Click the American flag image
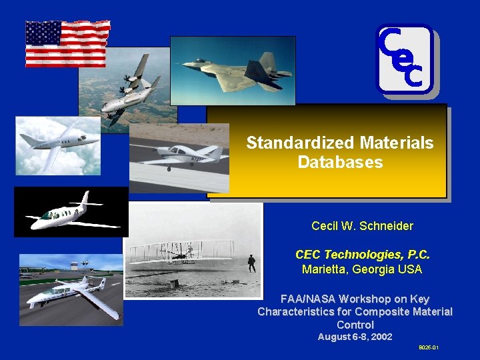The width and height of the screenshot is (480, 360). pos(67,43)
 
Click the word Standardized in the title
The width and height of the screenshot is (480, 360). pos(300,143)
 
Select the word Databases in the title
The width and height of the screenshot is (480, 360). pos(340,162)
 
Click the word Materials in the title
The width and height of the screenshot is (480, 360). pos(397,143)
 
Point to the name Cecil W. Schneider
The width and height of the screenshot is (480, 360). pos(362,226)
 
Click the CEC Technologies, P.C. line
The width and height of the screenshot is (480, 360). pos(362,255)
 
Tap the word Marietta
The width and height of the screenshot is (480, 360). pos(323,269)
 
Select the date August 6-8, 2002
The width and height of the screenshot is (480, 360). pos(355,337)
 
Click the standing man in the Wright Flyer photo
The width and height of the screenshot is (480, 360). pos(251,263)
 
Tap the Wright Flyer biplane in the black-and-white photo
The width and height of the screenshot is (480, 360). pos(180,251)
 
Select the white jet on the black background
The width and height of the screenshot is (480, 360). pos(70,213)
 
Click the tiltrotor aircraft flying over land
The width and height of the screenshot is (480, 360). pos(130,90)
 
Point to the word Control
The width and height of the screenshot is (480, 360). pos(355,324)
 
